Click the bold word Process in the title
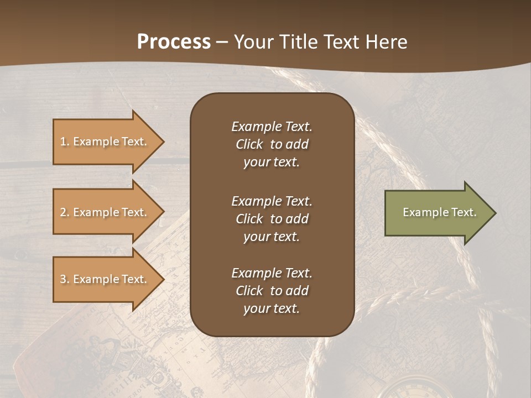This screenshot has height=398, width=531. click(x=174, y=42)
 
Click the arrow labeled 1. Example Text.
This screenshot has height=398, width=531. click(x=105, y=142)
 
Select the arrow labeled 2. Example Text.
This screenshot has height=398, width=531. click(x=105, y=212)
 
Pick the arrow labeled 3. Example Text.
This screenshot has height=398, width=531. click(x=105, y=279)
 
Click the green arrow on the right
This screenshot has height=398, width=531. click(x=437, y=213)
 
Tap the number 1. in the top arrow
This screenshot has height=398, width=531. click(x=65, y=142)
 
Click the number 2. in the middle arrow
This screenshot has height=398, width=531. click(x=65, y=212)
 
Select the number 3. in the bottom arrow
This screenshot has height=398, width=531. click(x=65, y=279)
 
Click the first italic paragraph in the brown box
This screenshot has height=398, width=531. click(x=272, y=144)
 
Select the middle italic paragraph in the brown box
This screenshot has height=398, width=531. click(x=272, y=219)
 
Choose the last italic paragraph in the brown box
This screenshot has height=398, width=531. click(x=272, y=291)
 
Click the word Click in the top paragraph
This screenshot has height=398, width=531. click(x=249, y=144)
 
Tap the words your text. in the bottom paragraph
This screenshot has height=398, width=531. click(x=272, y=308)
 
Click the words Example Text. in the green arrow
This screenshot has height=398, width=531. click(x=439, y=212)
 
